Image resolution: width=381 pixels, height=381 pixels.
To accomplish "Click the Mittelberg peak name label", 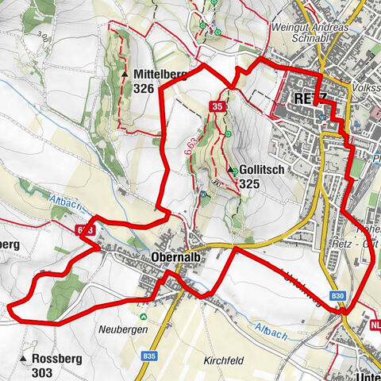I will click(160, 75).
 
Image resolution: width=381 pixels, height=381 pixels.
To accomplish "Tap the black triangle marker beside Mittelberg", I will click(126, 75).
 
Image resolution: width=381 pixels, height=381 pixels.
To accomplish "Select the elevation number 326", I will click(144, 89).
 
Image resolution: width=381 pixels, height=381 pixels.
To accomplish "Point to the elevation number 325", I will click(249, 184).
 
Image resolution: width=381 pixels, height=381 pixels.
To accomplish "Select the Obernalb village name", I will click(175, 257).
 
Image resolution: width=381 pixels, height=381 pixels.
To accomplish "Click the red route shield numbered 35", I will click(217, 106).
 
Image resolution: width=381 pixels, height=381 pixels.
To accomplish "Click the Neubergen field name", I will click(119, 327).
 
